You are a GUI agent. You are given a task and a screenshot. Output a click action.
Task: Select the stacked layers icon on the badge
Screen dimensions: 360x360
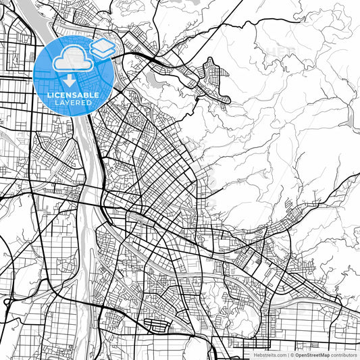click(102, 48)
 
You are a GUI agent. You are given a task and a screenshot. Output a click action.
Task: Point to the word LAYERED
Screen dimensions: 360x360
click(74, 103)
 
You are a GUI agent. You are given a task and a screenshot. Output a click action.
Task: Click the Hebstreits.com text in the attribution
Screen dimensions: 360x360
click(270, 354)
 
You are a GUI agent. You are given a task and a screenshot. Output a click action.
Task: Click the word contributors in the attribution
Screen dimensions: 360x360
click(344, 354)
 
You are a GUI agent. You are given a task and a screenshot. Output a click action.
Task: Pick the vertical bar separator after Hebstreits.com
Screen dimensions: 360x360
click(288, 354)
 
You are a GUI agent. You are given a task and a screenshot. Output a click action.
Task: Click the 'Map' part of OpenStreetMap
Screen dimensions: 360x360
click(324, 354)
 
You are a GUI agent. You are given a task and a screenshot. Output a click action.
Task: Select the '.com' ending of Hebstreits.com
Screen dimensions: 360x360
click(280, 354)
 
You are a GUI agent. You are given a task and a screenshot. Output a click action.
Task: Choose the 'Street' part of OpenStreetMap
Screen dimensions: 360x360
click(311, 354)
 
